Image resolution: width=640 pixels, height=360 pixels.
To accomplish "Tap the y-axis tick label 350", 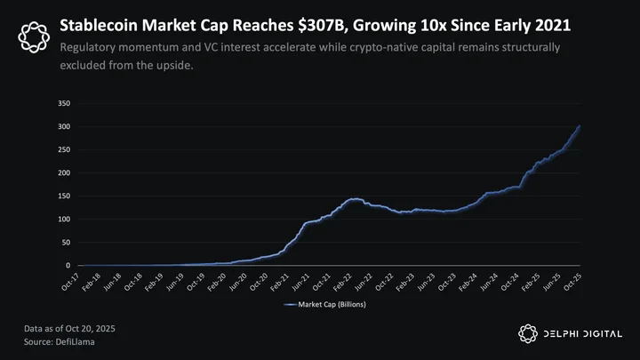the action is [64, 103].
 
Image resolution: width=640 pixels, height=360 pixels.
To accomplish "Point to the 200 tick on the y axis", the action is [64, 172].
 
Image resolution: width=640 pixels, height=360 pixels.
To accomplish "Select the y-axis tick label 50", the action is [66, 243].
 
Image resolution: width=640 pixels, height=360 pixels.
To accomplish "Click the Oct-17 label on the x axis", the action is [70, 282].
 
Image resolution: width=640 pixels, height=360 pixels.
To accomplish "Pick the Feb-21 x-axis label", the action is [280, 282].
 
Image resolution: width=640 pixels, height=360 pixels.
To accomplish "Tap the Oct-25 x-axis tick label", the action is [572, 282].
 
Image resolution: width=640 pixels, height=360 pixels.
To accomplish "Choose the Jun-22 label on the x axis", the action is [364, 282].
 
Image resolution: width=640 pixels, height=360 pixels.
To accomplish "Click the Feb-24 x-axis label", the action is [468, 282].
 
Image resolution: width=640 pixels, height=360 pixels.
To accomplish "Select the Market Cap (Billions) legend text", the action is [332, 305].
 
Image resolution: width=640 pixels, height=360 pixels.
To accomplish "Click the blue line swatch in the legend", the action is [290, 305].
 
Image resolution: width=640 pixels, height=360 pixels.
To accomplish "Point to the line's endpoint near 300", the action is [580, 126].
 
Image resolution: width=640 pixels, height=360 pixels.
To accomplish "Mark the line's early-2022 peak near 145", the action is [355, 199].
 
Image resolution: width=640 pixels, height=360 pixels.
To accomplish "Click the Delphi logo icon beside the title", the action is [34, 37].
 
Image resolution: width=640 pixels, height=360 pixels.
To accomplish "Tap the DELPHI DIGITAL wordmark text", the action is [583, 334].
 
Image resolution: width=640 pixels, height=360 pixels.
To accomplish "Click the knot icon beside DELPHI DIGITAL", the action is [528, 334].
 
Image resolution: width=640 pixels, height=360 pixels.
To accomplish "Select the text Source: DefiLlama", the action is [60, 342].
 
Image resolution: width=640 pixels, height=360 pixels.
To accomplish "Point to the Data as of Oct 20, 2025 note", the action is [69, 329].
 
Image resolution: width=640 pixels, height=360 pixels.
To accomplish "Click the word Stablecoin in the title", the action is [99, 25].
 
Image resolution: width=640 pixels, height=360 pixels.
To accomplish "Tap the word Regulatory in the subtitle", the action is [88, 48].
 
